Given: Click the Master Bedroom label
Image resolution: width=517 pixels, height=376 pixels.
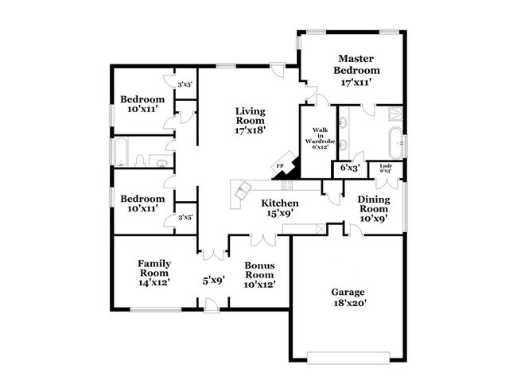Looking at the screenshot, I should coord(356,70).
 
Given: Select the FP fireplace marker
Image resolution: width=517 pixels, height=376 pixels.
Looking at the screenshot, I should coord(280,166).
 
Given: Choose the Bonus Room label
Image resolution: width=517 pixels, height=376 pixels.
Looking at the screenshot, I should coord(259,273).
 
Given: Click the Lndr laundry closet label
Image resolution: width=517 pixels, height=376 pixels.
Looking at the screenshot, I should coord(386,168).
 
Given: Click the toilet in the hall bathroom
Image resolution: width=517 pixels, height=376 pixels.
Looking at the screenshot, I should coord(141,162).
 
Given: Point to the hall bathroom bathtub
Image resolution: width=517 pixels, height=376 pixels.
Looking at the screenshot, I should coord(122,151).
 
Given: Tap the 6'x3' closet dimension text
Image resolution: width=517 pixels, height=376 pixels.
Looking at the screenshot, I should coord(350,168).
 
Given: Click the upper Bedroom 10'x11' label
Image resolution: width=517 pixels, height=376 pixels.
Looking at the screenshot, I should coord(143,104).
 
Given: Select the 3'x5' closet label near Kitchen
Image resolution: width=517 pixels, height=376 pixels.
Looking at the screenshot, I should coord(185,217).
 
